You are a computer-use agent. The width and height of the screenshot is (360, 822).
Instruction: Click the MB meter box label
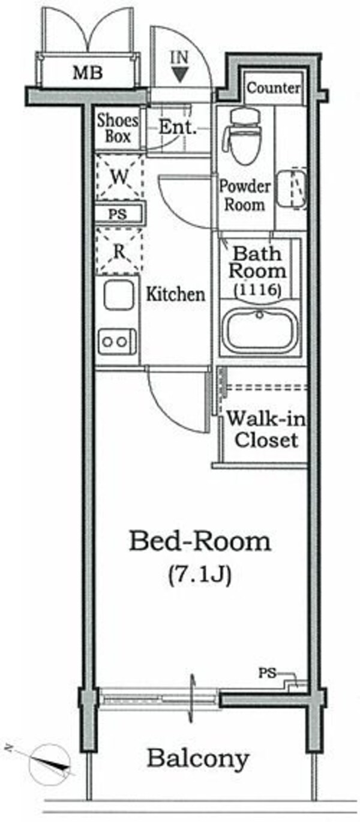88,73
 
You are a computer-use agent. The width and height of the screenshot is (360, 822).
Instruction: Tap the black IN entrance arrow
180,74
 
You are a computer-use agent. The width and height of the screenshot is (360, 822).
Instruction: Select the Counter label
274,88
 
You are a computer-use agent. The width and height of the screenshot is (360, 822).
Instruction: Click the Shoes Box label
118,128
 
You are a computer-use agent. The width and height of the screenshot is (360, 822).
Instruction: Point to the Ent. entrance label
178,127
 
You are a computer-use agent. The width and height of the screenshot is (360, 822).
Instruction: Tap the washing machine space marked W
119,178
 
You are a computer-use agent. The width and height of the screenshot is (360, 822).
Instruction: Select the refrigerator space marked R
119,251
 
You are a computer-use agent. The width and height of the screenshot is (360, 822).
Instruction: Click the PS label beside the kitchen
118,214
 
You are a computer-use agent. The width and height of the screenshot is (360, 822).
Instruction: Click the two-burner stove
117,341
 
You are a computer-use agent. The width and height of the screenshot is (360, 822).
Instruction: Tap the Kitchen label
176,294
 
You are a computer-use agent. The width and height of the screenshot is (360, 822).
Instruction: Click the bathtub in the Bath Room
260,331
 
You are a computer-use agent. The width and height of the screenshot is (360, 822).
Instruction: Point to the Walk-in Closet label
266,429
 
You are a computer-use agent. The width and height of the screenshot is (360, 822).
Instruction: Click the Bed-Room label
200,542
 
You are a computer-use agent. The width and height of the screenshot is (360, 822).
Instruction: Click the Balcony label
198,758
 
